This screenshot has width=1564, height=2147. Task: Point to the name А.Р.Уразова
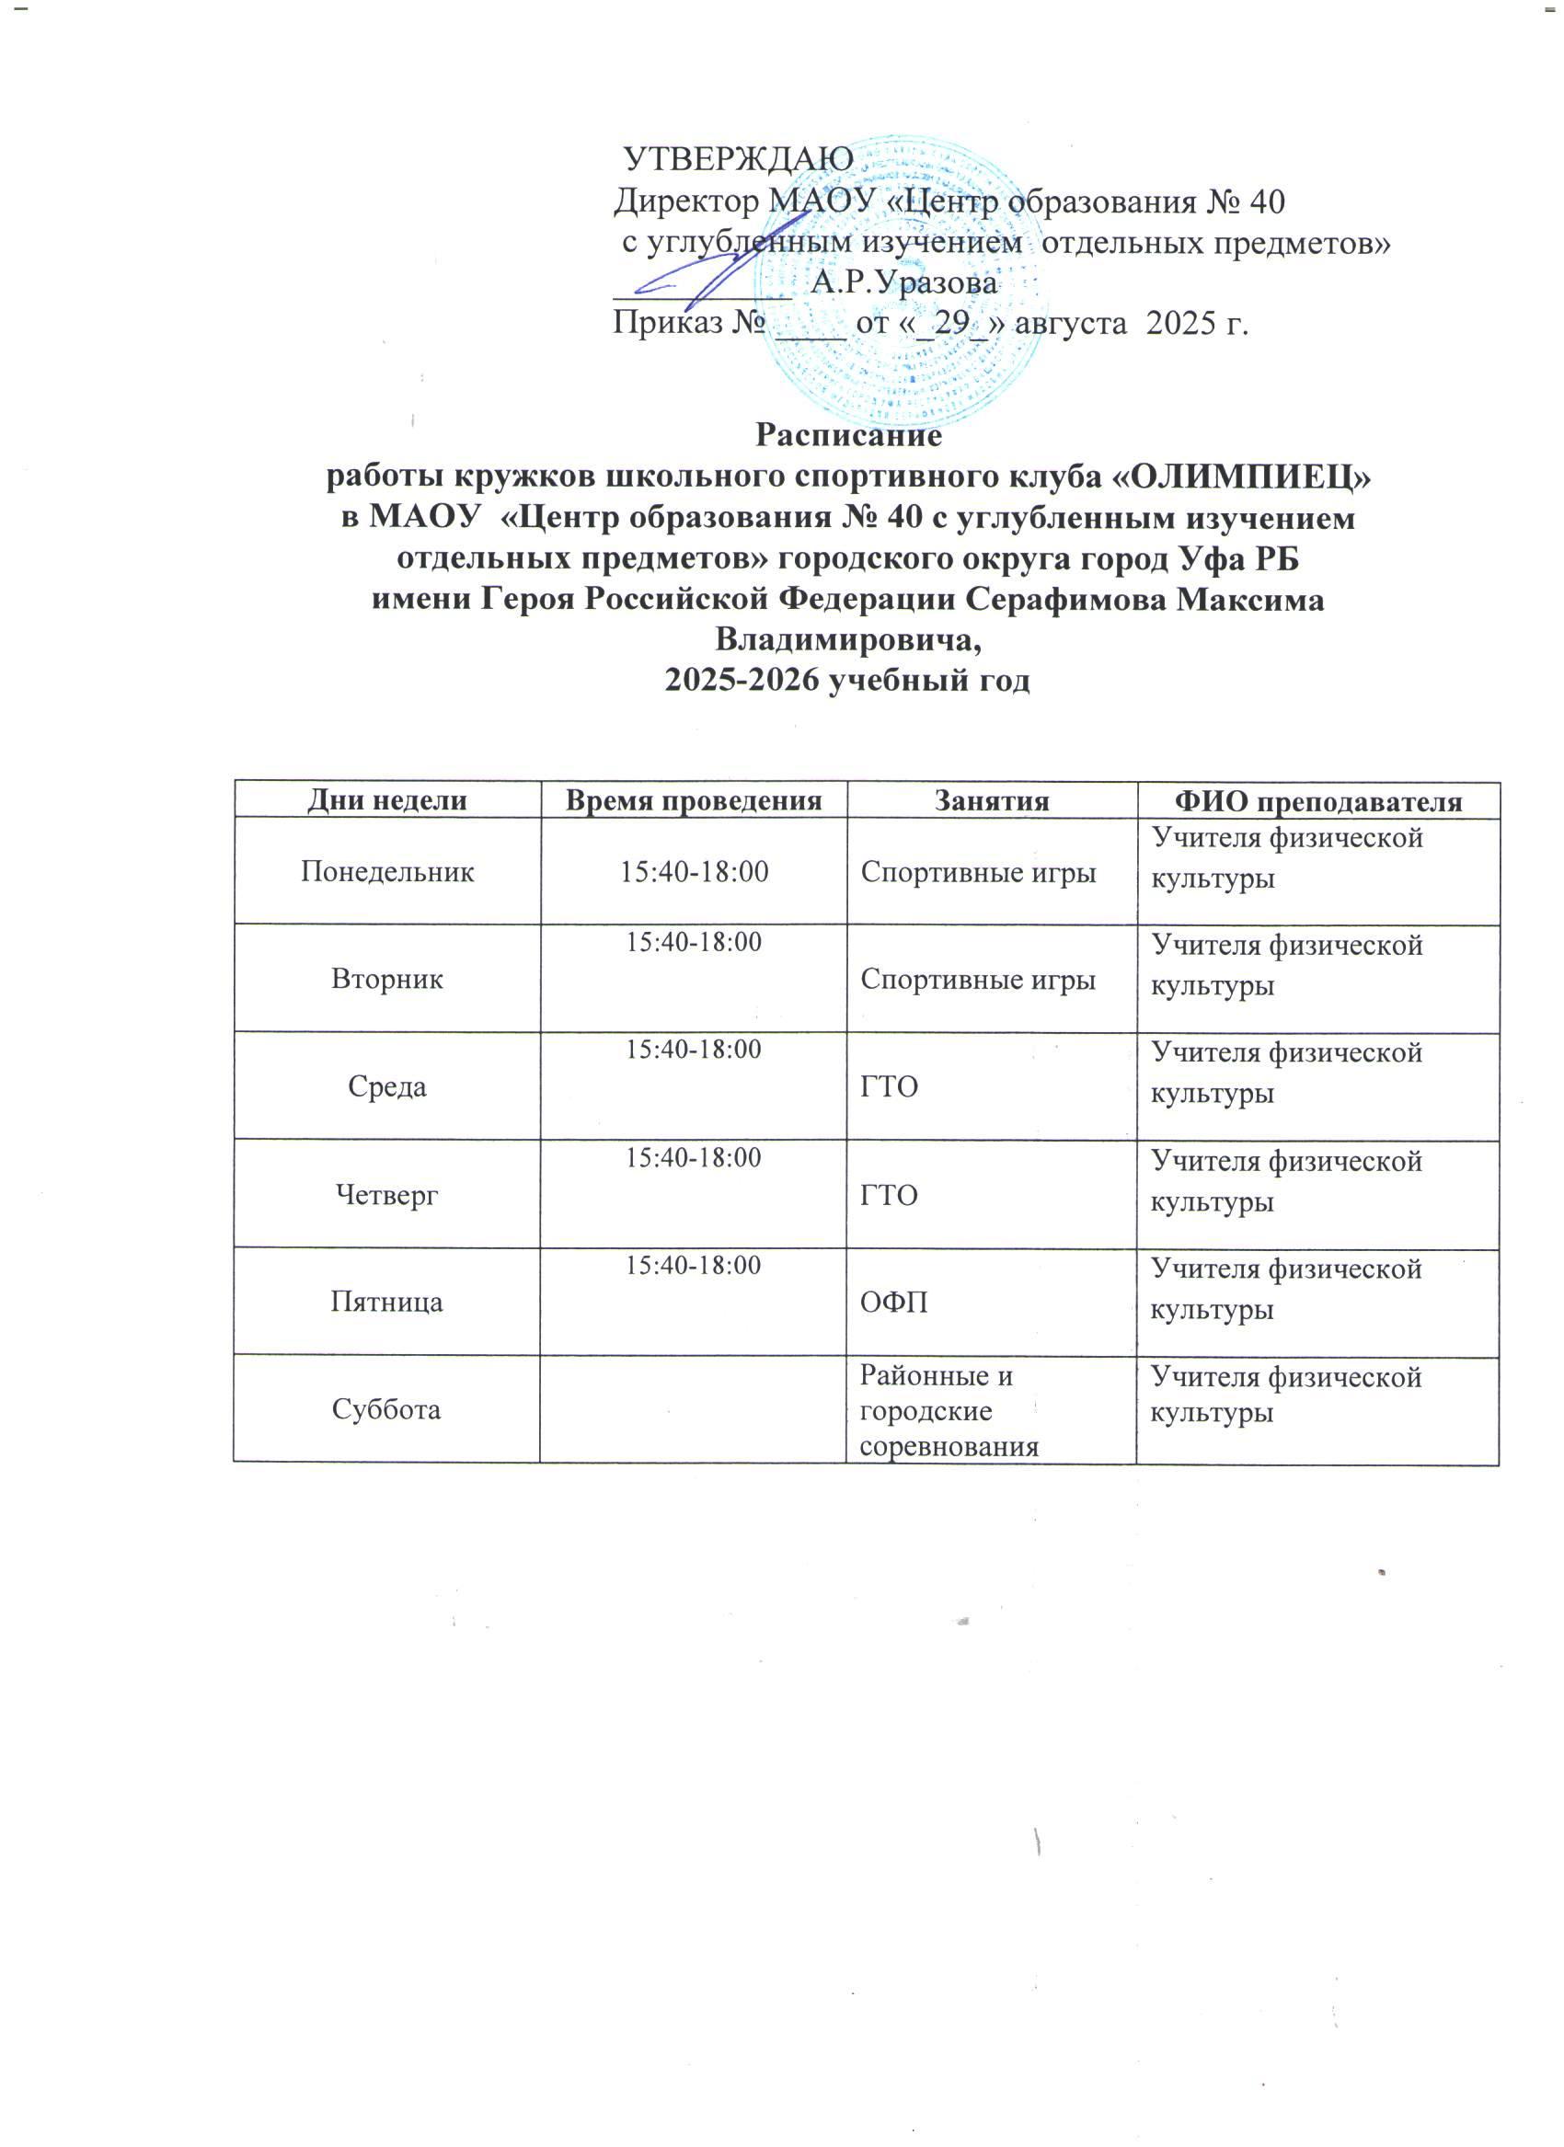(x=904, y=282)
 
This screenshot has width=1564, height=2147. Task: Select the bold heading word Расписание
(x=848, y=436)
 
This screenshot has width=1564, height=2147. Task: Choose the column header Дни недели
(x=387, y=801)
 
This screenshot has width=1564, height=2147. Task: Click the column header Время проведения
(x=693, y=801)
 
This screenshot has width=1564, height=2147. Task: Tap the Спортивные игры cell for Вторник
(x=978, y=981)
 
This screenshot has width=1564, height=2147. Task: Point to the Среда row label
(x=387, y=1086)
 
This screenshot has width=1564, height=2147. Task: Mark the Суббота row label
(x=386, y=1410)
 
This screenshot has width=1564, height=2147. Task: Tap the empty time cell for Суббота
(x=693, y=1410)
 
